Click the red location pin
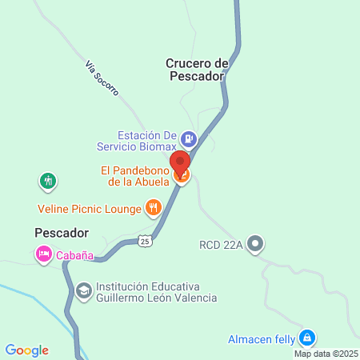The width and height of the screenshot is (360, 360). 180,163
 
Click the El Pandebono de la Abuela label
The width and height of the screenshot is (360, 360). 134,175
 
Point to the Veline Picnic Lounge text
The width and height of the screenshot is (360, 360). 88,209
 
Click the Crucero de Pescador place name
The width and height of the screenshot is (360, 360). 198,70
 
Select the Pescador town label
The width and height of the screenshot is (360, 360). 61,232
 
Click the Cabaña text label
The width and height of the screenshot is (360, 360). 75,256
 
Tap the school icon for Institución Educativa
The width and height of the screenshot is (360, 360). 83,290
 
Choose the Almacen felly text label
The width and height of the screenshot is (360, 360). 261,338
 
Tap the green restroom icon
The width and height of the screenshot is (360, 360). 49,182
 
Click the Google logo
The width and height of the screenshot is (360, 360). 27,350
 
